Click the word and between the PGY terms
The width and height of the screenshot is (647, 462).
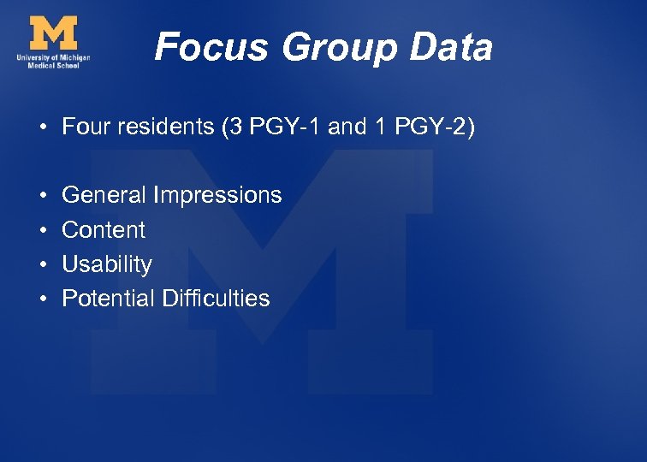pyautogui.click(x=347, y=127)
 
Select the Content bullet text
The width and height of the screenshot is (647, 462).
pyautogui.click(x=104, y=229)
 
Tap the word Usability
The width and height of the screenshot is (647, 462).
pyautogui.click(x=107, y=264)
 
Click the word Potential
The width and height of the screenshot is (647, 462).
pyautogui.click(x=108, y=299)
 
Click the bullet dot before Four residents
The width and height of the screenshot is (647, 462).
pyautogui.click(x=41, y=128)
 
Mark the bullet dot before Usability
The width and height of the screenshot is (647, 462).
pyautogui.click(x=41, y=265)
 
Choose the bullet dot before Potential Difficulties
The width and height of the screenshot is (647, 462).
pyautogui.click(x=41, y=299)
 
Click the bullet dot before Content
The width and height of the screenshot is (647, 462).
pyautogui.click(x=41, y=230)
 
